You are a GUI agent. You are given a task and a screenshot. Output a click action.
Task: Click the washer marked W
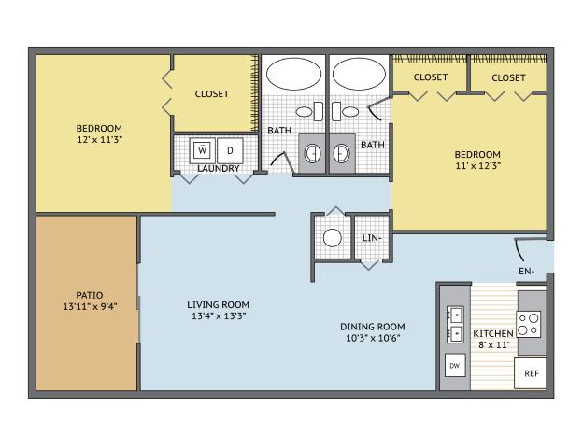(x=202, y=150)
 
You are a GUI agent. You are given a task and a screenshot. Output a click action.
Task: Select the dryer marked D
(x=230, y=150)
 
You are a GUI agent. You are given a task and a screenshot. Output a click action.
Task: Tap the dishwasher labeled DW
(x=455, y=365)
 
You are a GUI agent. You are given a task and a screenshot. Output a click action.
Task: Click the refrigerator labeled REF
(x=531, y=373)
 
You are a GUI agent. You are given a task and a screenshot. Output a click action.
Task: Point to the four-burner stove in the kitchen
(x=529, y=324)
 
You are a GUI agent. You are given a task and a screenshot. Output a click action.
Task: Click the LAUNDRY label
(x=219, y=168)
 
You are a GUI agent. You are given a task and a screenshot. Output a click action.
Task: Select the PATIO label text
(x=90, y=295)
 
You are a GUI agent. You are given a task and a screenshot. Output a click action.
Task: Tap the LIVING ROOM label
(x=219, y=304)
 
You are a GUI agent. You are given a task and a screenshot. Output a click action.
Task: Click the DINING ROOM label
(x=373, y=327)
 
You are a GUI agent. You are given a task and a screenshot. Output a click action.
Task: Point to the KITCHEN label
(x=493, y=333)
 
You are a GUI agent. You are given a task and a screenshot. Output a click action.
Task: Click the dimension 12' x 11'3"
(x=100, y=140)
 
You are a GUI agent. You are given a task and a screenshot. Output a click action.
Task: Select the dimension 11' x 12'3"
(x=477, y=166)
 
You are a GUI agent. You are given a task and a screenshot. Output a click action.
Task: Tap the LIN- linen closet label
(x=372, y=237)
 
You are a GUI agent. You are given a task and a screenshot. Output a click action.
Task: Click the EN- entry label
(x=527, y=272)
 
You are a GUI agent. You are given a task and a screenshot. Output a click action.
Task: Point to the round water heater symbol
(x=333, y=238)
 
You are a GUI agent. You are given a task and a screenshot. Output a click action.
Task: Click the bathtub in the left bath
(x=293, y=74)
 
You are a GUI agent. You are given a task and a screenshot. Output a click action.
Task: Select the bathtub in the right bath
(x=359, y=74)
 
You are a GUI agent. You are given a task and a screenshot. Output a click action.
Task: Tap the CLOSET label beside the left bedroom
(x=212, y=93)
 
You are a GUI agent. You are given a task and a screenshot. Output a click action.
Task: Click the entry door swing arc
(x=519, y=250)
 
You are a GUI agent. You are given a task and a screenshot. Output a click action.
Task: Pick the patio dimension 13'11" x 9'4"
(x=90, y=306)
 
